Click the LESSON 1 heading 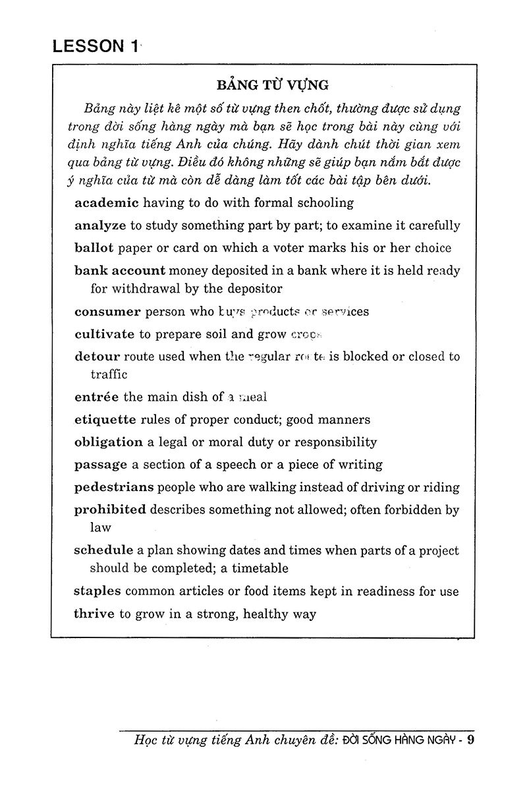click(x=96, y=46)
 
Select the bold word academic click(x=106, y=202)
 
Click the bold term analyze click(x=100, y=225)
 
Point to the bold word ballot click(x=94, y=248)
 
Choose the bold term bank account click(x=120, y=270)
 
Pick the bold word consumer click(x=107, y=311)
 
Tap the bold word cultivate click(x=105, y=334)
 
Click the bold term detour click(x=97, y=357)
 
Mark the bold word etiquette click(x=105, y=419)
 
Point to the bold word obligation click(x=109, y=442)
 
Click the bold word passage click(x=101, y=464)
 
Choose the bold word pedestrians click(x=114, y=487)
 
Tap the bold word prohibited click(x=110, y=510)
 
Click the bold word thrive click(x=95, y=614)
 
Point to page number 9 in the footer click(x=470, y=739)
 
